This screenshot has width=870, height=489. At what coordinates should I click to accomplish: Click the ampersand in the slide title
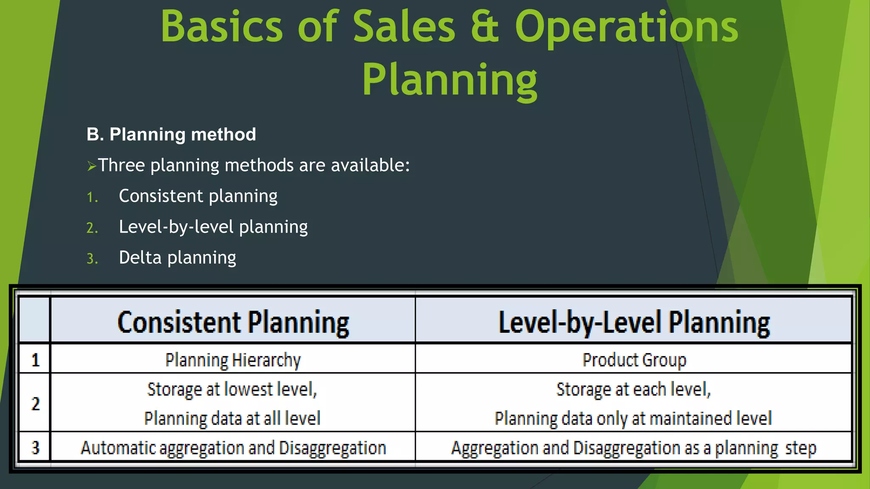point(485,27)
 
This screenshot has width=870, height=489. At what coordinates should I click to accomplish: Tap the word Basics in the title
point(221,27)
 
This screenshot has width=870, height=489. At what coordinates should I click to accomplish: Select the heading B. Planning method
point(171,135)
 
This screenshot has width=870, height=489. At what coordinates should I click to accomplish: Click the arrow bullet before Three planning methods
point(91,166)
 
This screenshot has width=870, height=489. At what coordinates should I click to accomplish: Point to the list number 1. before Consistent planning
point(92,197)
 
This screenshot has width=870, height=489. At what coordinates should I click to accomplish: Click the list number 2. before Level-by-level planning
point(92,228)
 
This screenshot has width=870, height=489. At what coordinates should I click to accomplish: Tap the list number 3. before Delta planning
point(92,259)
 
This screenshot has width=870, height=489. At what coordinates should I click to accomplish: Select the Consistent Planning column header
point(233,322)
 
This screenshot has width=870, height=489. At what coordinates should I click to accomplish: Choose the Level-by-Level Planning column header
point(634,322)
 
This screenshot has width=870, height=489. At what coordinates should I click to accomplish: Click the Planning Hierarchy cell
point(233,360)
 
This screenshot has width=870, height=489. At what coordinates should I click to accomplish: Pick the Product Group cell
point(634,360)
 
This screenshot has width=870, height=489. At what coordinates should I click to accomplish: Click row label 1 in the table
point(36,360)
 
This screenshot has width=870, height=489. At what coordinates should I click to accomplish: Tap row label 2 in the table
point(36,403)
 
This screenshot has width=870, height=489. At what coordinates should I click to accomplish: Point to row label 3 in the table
point(36,448)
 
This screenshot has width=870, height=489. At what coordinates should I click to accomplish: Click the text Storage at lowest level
point(232,389)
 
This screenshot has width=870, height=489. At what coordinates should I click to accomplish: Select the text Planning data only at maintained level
point(633,419)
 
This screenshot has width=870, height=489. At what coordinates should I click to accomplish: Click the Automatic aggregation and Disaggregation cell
point(233,448)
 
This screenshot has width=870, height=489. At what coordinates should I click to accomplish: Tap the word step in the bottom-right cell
point(800,448)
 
